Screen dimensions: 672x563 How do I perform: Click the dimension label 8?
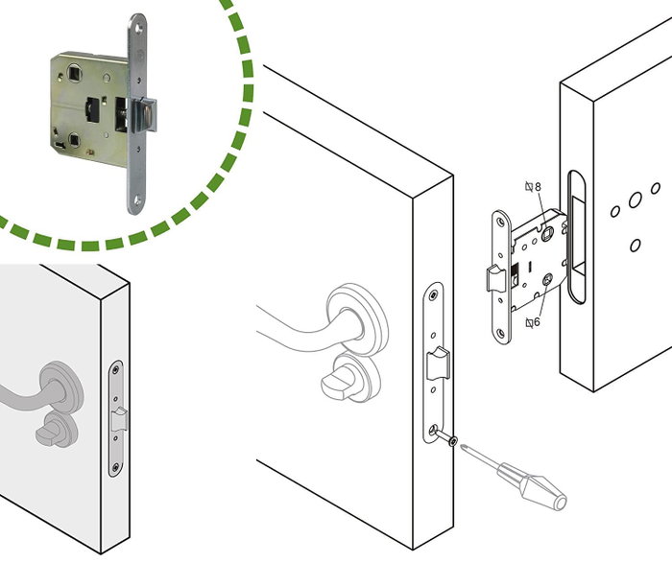coord(538,187)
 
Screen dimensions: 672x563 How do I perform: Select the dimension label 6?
coord(537,322)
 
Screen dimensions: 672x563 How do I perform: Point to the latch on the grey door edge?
coord(119,419)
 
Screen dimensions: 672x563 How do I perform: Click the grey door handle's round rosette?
coord(61,384)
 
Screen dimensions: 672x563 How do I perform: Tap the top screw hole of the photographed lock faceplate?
coord(138,29)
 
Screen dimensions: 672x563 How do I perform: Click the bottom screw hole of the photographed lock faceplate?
coord(137,199)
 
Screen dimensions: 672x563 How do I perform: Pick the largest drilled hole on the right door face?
coord(636,199)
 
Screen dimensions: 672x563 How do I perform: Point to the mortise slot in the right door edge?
coord(577,237)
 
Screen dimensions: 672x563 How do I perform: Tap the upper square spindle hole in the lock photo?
coord(74,73)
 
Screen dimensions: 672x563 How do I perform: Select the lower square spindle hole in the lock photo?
coord(74,140)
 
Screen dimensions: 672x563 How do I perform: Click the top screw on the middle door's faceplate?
coord(435,295)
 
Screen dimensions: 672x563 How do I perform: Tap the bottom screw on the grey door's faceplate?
coord(115,467)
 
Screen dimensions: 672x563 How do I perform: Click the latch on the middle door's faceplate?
coord(438,364)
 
